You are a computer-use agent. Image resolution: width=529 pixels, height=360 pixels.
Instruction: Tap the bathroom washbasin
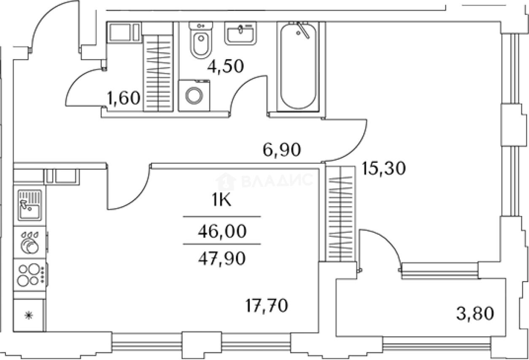coord(240,33)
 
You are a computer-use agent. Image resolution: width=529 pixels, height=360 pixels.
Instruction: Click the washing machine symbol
coord(194,95)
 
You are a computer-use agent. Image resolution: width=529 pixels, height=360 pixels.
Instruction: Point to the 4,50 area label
coord(227,67)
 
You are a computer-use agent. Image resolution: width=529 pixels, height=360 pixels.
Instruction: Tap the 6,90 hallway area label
coord(282,150)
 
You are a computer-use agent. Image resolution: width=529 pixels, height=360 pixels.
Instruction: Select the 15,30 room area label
coord(383,169)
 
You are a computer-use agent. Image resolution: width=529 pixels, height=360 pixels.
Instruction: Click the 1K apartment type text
coord(221,201)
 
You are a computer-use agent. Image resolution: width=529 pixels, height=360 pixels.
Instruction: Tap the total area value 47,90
coord(221,258)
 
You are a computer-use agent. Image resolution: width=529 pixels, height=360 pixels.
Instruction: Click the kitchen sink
coord(30,205)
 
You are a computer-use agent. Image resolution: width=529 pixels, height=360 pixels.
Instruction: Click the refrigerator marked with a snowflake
coord(29,315)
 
